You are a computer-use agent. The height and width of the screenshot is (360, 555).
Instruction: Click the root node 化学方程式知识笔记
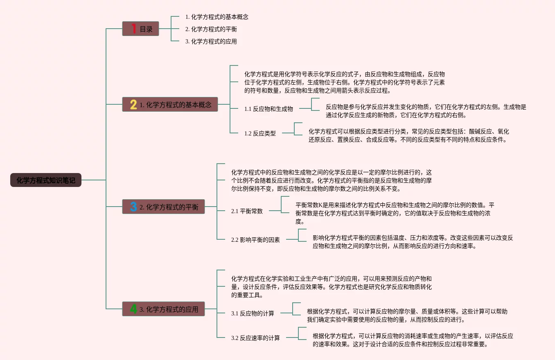pos(46,180)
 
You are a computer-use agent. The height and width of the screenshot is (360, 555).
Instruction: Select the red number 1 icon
pos(134,29)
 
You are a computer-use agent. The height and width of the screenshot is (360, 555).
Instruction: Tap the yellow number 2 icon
pos(133,104)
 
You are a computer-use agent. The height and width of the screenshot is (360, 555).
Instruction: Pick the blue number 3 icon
pos(133,207)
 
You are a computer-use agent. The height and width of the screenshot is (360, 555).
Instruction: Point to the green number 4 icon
pos(133,309)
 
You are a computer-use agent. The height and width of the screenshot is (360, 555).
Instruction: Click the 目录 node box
pos(140,29)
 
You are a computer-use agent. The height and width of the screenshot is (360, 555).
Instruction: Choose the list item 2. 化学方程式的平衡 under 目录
pos(211,29)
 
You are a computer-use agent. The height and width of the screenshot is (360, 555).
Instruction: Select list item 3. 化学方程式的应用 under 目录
pos(211,41)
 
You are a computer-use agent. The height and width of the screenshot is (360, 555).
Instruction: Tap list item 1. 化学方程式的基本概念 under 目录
pos(217,17)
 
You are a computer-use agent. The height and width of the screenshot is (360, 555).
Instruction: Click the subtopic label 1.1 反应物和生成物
pos(268,109)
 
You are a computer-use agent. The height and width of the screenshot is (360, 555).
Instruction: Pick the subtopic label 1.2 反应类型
pos(260,133)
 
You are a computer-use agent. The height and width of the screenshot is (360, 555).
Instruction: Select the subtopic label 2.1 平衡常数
pos(247,211)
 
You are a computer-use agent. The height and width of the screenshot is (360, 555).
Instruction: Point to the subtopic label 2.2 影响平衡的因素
pos(255,240)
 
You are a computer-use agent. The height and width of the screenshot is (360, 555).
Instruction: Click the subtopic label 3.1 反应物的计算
pos(253,313)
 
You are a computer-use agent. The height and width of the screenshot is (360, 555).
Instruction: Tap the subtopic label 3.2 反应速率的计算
pos(255,338)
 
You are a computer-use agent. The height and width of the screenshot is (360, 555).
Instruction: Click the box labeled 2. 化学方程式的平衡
pos(164,207)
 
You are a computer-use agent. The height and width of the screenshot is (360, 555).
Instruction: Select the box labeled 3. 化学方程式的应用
pos(164,309)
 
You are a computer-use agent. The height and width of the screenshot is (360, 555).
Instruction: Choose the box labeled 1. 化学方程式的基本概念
pos(170,104)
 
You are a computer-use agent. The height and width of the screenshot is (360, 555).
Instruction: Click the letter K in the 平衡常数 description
pos(320,205)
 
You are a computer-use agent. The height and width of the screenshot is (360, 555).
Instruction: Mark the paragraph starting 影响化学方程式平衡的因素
pos(413,242)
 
